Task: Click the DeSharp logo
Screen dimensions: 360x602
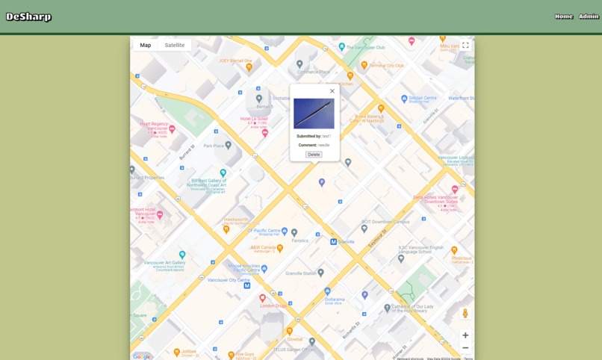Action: (x=29, y=16)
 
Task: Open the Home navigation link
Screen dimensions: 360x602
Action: (x=564, y=16)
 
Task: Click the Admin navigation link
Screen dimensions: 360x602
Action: (x=589, y=16)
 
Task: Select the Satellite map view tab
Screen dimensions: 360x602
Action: (x=175, y=45)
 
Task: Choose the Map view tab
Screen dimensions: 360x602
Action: (x=146, y=45)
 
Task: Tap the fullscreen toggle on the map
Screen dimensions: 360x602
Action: (x=465, y=46)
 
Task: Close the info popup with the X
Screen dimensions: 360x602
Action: (x=332, y=91)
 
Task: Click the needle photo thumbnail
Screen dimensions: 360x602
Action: (x=314, y=114)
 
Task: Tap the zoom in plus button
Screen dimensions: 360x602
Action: (x=465, y=335)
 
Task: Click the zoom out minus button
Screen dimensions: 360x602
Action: (x=465, y=348)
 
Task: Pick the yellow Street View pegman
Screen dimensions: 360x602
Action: (x=465, y=314)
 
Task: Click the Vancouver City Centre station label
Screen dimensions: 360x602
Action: (x=229, y=280)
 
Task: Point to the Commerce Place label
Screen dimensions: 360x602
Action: (x=314, y=72)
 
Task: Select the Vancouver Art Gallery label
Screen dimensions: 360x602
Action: (x=164, y=263)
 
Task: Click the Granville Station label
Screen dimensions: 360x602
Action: (x=301, y=273)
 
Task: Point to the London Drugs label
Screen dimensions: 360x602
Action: (x=273, y=305)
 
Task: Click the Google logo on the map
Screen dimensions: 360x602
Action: (x=141, y=356)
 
